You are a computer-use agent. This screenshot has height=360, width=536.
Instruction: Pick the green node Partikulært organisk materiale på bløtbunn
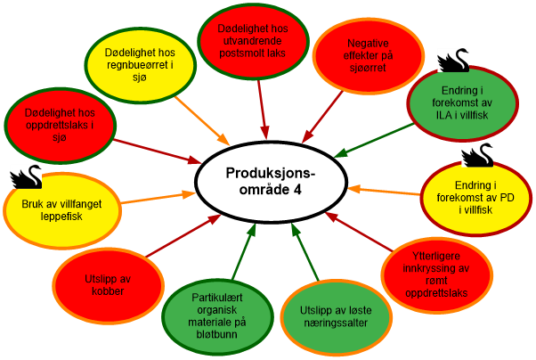[217, 313]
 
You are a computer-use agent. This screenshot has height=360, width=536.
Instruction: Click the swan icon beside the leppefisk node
[25, 177]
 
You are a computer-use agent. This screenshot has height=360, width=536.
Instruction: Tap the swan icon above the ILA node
[457, 60]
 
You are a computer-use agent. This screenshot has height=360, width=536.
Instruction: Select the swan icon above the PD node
[477, 154]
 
